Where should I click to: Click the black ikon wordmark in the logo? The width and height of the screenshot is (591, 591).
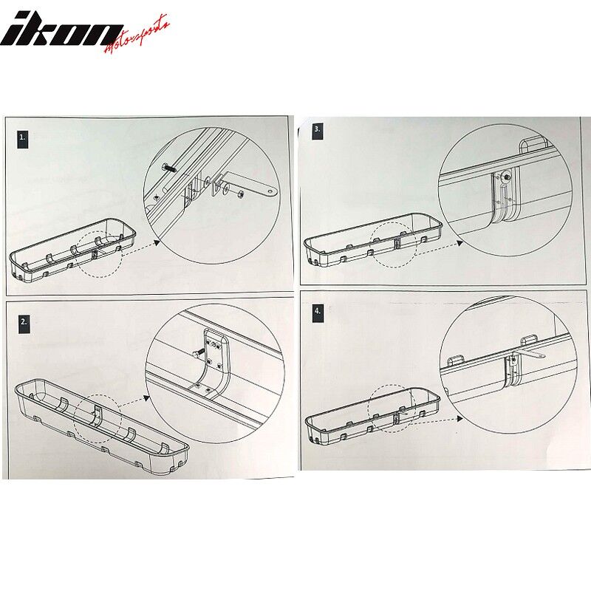(61, 30)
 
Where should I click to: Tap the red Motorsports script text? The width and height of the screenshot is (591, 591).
(137, 35)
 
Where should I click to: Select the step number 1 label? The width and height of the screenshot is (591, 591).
(23, 137)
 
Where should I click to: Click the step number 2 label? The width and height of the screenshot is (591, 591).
(24, 322)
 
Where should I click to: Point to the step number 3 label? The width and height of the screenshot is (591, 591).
(318, 130)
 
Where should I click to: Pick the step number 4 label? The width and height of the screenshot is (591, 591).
(318, 312)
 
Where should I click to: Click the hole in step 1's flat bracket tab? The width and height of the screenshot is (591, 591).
(270, 192)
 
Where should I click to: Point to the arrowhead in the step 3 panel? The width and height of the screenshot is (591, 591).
(460, 243)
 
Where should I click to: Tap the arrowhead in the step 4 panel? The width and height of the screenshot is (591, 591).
(459, 419)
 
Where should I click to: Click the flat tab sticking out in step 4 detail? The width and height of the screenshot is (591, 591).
(531, 355)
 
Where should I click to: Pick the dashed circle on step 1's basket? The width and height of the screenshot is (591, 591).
(98, 255)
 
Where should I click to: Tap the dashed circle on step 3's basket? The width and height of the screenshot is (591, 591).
(394, 245)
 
